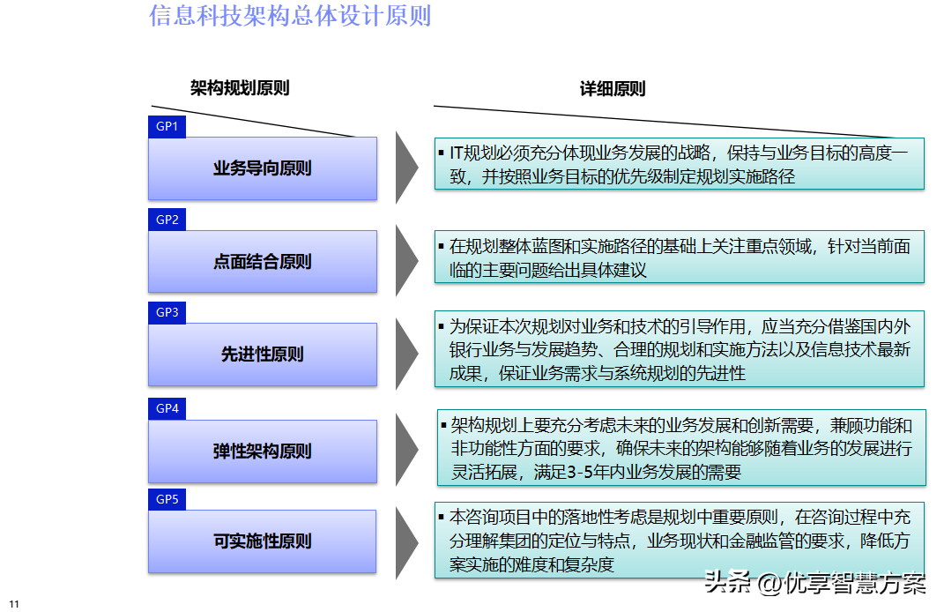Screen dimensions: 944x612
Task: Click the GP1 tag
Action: click(x=167, y=126)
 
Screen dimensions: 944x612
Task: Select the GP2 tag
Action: click(x=167, y=220)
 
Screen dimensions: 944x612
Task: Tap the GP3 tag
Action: click(x=167, y=313)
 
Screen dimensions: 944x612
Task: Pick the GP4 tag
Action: click(x=167, y=408)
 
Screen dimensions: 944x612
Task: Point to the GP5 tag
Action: click(x=167, y=499)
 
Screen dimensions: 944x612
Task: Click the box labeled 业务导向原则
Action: click(x=263, y=168)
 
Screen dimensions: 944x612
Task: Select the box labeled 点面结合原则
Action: click(x=263, y=261)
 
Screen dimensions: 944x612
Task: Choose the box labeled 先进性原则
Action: click(x=263, y=355)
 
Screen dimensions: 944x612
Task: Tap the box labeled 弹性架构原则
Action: click(x=263, y=452)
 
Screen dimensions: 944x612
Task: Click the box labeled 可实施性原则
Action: click(x=263, y=541)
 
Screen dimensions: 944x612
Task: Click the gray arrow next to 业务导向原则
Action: click(x=405, y=168)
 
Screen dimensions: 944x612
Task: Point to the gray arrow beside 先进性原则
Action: click(x=405, y=354)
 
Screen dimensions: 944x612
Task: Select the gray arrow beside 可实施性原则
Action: click(x=405, y=543)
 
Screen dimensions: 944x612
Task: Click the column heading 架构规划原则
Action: click(x=240, y=88)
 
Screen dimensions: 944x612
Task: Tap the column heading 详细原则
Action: click(x=613, y=89)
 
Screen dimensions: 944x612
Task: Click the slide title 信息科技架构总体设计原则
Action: click(x=290, y=16)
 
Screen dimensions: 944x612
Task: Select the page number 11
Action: click(x=14, y=603)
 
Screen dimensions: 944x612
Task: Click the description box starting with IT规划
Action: click(x=679, y=164)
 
